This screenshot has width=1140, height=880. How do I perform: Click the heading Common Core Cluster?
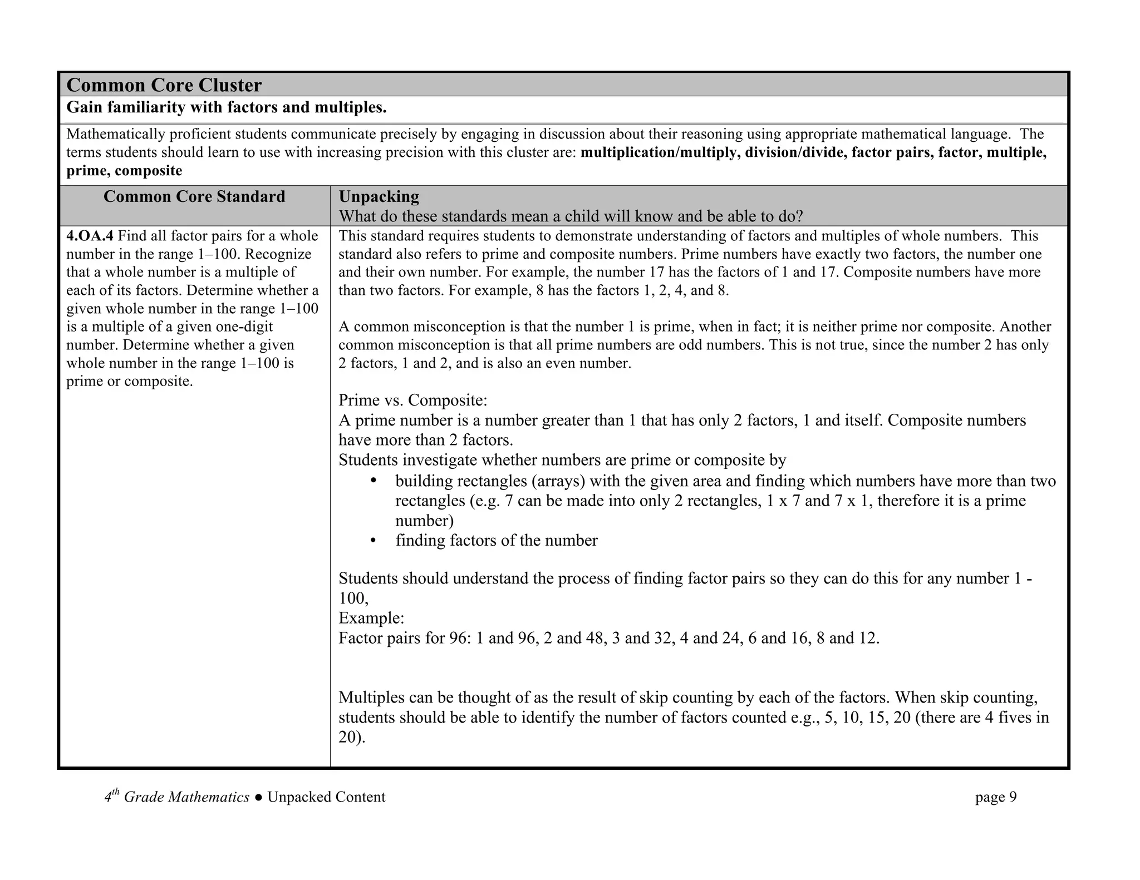(164, 85)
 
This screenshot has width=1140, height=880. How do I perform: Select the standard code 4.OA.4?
(90, 236)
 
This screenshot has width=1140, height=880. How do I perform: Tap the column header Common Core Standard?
(194, 196)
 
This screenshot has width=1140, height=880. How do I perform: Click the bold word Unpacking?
(379, 196)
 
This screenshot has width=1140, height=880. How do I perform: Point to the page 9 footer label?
(995, 797)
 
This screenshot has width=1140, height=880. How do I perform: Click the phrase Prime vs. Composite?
(412, 400)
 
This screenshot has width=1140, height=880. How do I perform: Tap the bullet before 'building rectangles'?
(374, 481)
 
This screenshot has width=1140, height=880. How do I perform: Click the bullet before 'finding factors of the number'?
(374, 541)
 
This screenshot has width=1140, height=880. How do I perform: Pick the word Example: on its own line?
(371, 618)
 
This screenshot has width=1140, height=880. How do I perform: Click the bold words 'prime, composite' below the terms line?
(124, 171)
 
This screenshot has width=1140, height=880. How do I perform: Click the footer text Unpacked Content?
(326, 797)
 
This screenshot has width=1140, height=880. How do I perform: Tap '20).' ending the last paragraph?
(352, 738)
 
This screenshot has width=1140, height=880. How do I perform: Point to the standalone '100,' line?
(353, 599)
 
